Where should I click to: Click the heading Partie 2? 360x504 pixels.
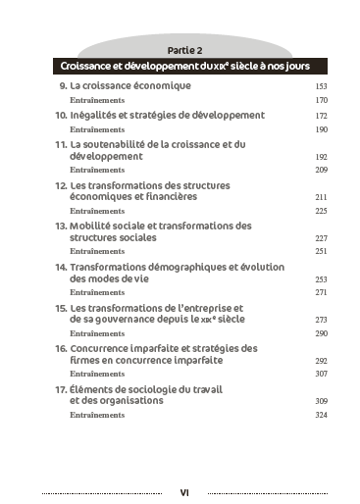[x=184, y=49]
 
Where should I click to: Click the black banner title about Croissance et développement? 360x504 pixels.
[x=186, y=67]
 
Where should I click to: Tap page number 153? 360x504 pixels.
[x=321, y=87]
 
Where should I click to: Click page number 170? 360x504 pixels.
[x=321, y=101]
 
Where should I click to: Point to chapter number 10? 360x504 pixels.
[x=60, y=115]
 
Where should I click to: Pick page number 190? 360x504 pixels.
[x=321, y=129]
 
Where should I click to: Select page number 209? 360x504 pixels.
[x=321, y=171]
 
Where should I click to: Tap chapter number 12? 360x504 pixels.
[x=60, y=184]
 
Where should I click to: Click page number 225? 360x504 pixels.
[x=321, y=211]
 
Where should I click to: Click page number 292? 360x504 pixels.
[x=321, y=361]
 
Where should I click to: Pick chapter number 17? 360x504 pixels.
[x=60, y=388]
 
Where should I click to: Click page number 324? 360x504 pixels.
[x=321, y=416]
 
